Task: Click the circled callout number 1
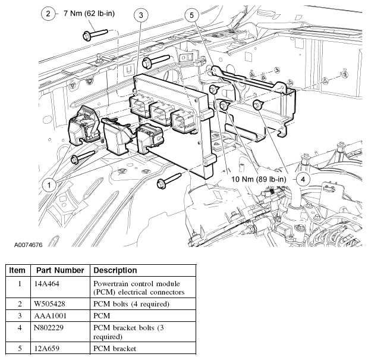pyautogui.click(x=50, y=185)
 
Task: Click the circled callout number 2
pyautogui.click(x=49, y=13)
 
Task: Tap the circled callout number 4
pyautogui.click(x=303, y=179)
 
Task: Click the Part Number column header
pyautogui.click(x=60, y=270)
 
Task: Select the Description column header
pyautogui.click(x=115, y=270)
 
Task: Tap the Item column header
pyautogui.click(x=17, y=270)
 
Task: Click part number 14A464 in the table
pyautogui.click(x=48, y=284)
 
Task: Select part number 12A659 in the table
pyautogui.click(x=48, y=349)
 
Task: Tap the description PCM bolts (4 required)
pyautogui.click(x=131, y=304)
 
